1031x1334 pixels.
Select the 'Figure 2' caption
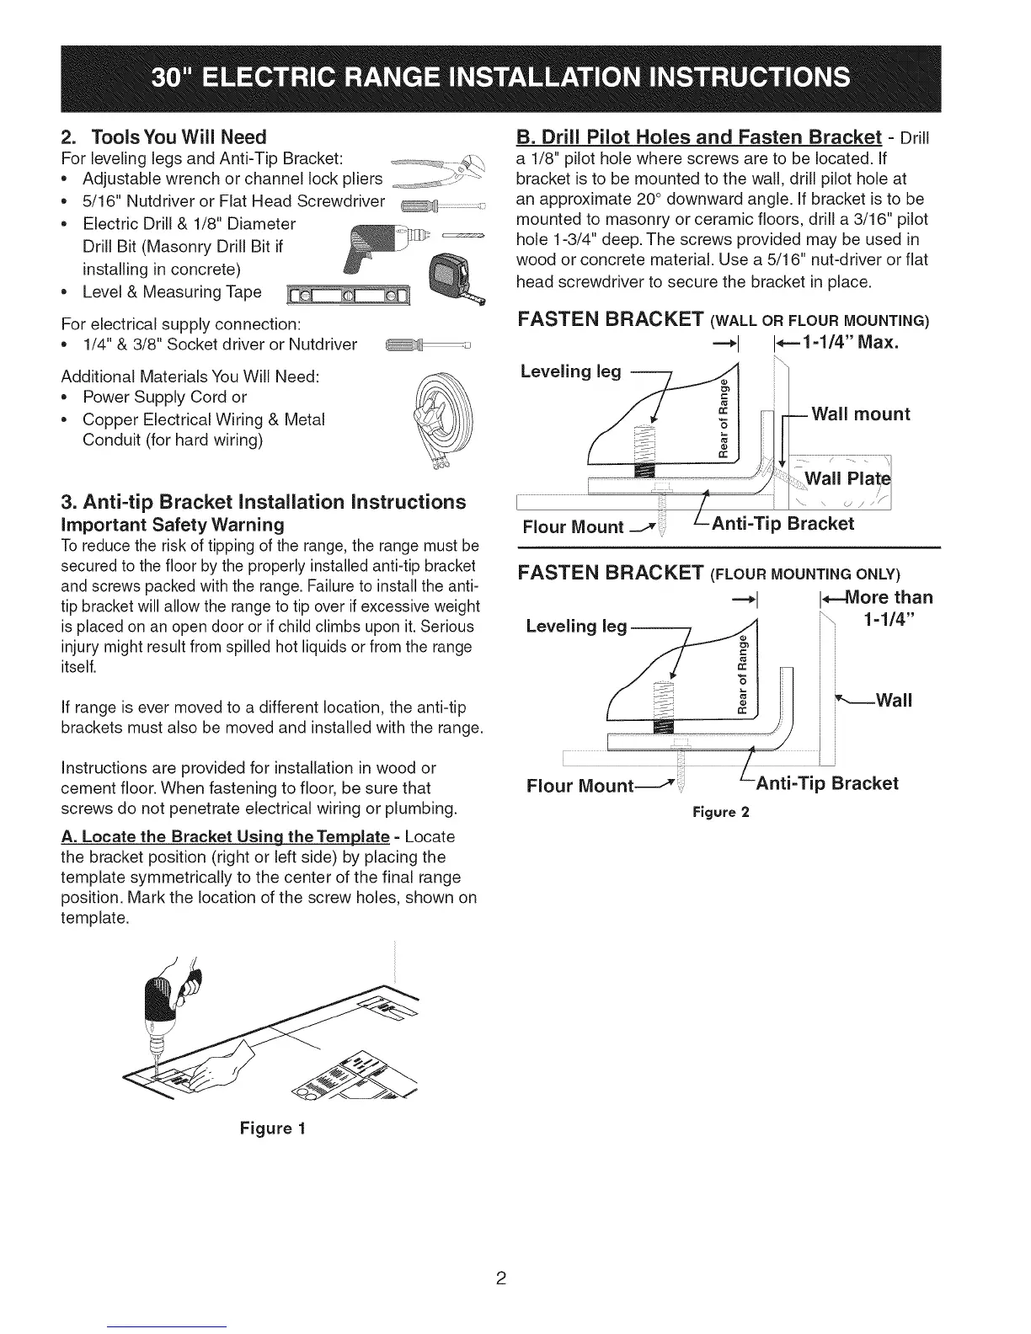coord(720,812)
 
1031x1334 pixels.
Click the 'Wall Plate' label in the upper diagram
coord(847,480)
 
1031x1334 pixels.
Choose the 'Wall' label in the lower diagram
coord(894,700)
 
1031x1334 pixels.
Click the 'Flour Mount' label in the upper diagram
coord(573,527)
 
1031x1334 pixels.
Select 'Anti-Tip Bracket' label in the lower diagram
coord(826,783)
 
